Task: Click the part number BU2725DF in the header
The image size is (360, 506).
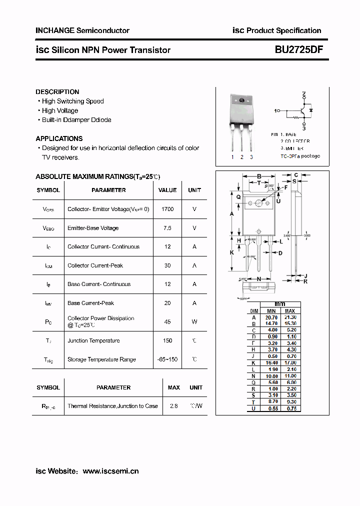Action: coord(298,49)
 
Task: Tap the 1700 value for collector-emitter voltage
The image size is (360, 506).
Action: coord(167,209)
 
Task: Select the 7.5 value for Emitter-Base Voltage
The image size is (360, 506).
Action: coord(167,228)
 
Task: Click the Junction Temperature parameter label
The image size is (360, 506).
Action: coord(93,340)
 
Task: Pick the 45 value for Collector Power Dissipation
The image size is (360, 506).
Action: coord(167,322)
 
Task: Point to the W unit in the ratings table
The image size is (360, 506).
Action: coord(194,322)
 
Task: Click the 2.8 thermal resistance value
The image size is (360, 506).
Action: coord(174,406)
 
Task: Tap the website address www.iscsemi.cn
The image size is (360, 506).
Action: coord(110,471)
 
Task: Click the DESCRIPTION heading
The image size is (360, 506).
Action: coord(57,92)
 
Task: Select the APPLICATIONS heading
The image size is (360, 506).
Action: coord(59,138)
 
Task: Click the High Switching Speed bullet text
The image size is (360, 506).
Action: coord(73,101)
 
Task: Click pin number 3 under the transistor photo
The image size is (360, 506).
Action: coord(251,157)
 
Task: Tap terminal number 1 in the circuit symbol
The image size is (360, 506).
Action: coord(276,110)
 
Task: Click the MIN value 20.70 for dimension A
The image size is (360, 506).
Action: coord(271,317)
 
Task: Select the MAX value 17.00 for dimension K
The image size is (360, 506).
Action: coord(290,362)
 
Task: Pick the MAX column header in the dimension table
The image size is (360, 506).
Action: coord(290,311)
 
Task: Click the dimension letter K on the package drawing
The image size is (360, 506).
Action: coord(232,252)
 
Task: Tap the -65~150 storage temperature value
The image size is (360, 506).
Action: coord(167,359)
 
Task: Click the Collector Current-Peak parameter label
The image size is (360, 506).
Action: coord(95,265)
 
